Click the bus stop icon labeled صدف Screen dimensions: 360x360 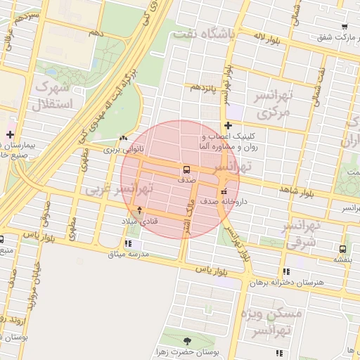tap(186, 169)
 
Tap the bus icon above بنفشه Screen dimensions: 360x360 tap(342, 249)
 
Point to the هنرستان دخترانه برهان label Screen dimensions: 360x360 tap(288, 282)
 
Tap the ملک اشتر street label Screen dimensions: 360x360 tap(188, 217)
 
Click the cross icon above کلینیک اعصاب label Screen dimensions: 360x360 tap(227, 125)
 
